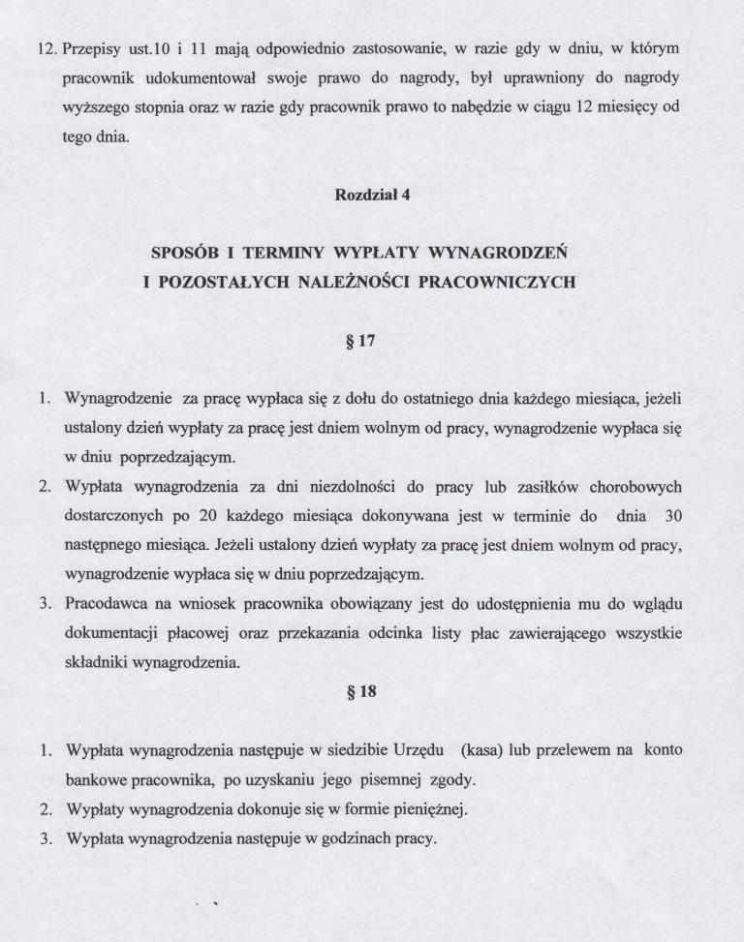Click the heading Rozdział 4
click(372, 195)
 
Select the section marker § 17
click(372, 341)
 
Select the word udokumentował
click(172, 76)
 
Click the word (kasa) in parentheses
click(486, 750)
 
